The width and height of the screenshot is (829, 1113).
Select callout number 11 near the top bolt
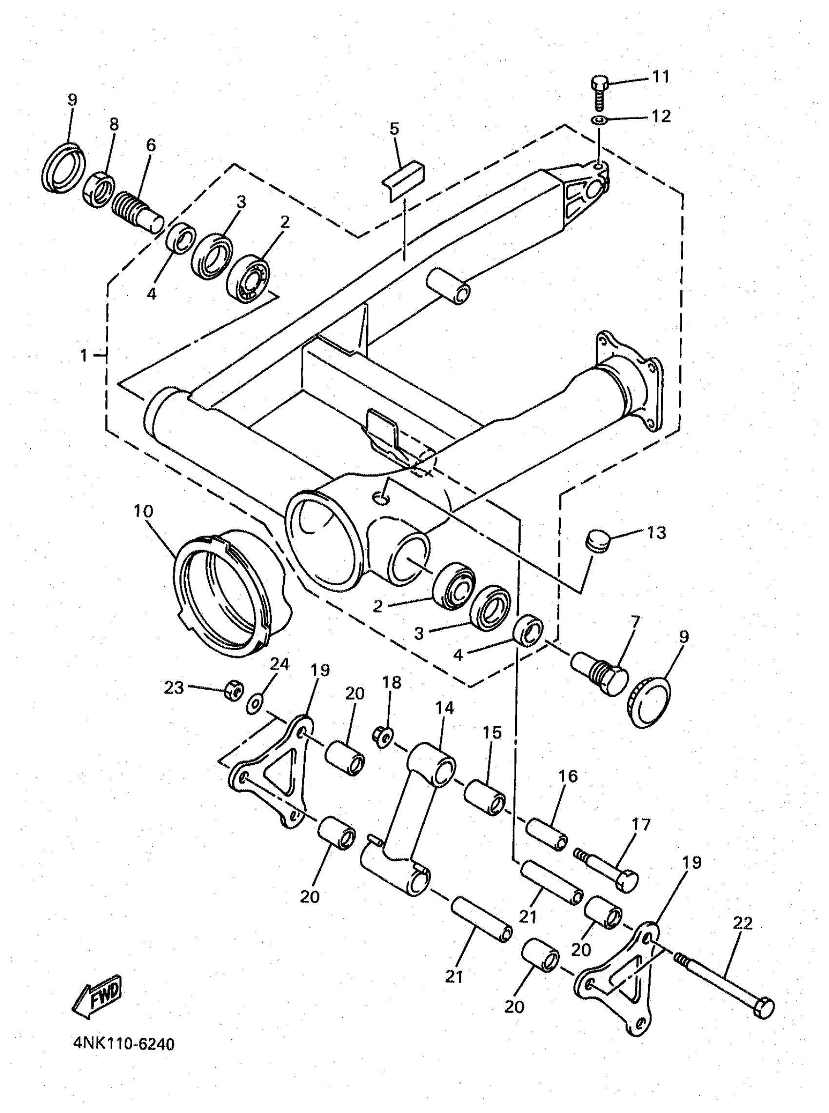coord(660,77)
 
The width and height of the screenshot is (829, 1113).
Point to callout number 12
coord(661,117)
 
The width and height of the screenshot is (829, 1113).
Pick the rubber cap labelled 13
coord(597,540)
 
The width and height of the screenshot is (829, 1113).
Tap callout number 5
coord(395,129)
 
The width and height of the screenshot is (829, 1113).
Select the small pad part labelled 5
coord(403,179)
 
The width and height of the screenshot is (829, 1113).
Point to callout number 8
coord(114,124)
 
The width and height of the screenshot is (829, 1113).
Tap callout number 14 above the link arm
coord(445,708)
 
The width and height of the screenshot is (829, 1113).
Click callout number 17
coord(641,824)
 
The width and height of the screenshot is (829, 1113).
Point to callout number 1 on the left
coord(84,356)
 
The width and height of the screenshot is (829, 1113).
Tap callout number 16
coord(568,776)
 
